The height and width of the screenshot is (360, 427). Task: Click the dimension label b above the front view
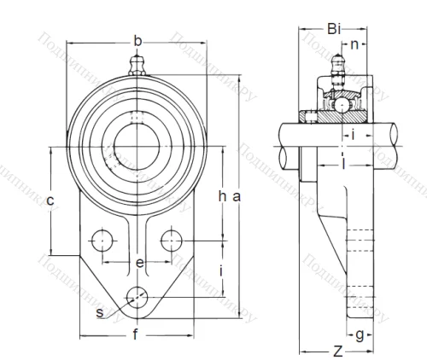click(137, 39)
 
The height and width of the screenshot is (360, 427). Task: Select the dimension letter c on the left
click(51, 201)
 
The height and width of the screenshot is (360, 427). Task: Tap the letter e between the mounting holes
click(139, 263)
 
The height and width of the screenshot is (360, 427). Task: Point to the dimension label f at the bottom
click(136, 335)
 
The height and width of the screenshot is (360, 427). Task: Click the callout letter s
click(101, 313)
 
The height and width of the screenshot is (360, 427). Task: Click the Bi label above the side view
click(336, 29)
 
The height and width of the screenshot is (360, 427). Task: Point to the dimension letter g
click(361, 334)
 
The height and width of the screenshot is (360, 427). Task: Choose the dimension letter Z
click(338, 350)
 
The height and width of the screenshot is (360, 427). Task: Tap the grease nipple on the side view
click(336, 66)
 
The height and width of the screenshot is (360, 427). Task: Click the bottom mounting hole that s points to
click(136, 297)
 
